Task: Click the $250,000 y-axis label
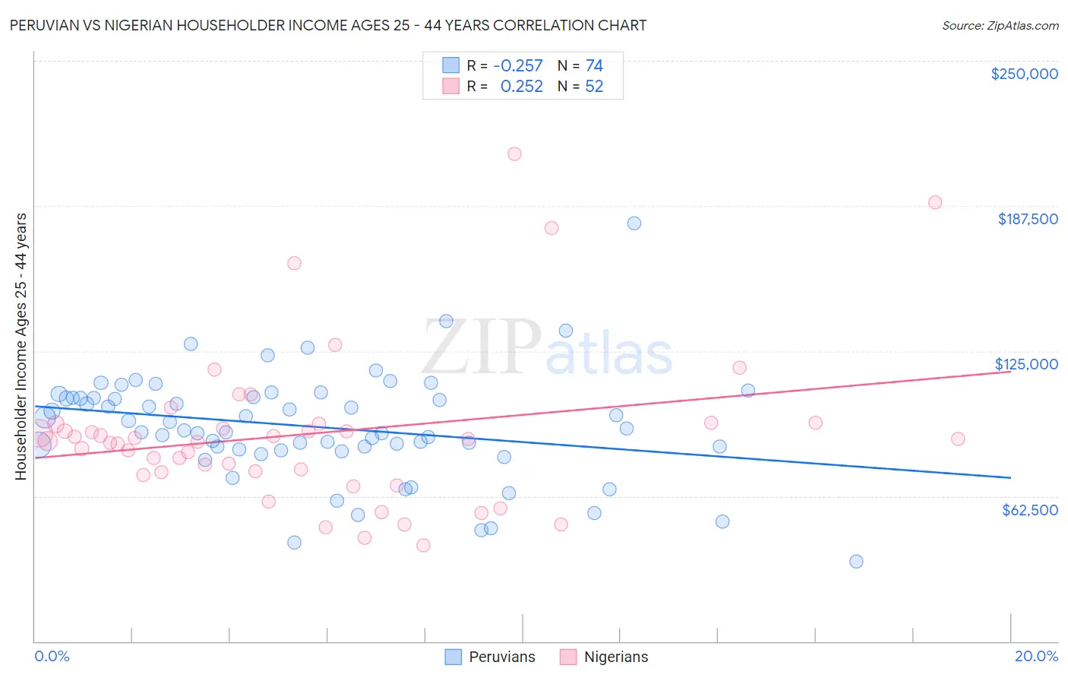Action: (1024, 74)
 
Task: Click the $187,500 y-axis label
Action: (1027, 219)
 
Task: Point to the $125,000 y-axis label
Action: (1026, 364)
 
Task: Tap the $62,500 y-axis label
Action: (1029, 510)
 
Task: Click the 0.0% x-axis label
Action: (52, 656)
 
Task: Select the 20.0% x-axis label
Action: (1036, 656)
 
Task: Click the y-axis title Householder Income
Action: (21, 347)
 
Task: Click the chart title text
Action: (327, 25)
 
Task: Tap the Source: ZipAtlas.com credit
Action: (1000, 25)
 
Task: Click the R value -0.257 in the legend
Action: (517, 65)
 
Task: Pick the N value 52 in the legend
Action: (594, 87)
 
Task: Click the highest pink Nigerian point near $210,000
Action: (514, 154)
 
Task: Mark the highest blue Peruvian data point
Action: (634, 223)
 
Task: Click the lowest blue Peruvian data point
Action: (856, 562)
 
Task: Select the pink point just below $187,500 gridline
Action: (551, 228)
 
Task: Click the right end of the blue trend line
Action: (1010, 477)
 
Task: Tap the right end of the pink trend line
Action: (1010, 371)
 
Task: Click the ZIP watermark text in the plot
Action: (482, 347)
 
